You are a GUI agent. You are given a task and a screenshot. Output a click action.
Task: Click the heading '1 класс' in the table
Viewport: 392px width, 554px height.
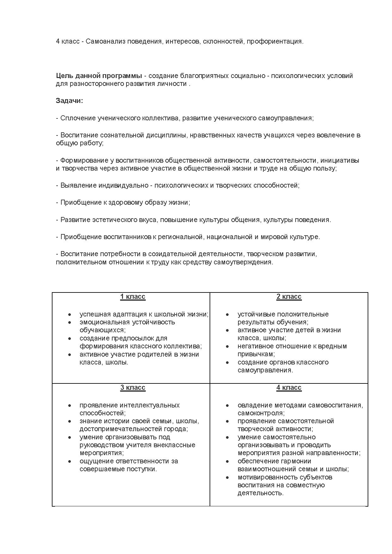coord(132,297)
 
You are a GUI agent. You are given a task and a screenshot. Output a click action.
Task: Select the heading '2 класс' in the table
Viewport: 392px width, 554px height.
coord(289,297)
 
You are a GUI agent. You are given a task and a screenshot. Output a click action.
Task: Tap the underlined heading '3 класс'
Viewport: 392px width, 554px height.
coord(132,388)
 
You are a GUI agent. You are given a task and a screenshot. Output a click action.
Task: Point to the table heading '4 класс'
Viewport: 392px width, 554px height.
coord(289,388)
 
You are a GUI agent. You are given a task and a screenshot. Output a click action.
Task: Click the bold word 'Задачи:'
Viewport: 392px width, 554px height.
coord(70,101)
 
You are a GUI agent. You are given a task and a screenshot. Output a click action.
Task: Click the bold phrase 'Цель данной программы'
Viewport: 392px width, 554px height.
coord(99,76)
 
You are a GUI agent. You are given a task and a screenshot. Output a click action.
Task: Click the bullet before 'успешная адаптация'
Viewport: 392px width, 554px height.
coord(70,315)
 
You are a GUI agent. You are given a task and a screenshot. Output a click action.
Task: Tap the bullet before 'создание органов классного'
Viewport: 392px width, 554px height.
coord(227,363)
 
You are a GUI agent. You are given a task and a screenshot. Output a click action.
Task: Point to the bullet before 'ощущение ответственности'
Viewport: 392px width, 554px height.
coord(70,461)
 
